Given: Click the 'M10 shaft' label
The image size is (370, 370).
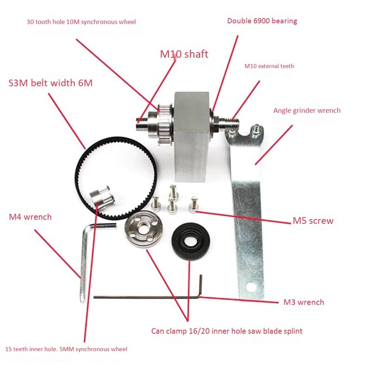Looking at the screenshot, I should pyautogui.click(x=184, y=54).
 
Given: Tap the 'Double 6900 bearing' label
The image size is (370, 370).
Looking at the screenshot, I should pyautogui.click(x=262, y=21).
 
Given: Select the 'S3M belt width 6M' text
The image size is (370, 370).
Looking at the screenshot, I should pyautogui.click(x=50, y=83).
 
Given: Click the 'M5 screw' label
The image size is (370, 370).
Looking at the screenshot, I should pyautogui.click(x=313, y=221).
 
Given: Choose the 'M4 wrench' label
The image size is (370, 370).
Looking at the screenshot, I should pyautogui.click(x=30, y=216).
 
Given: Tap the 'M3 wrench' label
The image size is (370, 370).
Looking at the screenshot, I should pyautogui.click(x=303, y=302).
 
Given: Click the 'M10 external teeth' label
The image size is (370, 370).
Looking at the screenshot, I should pyautogui.click(x=269, y=66).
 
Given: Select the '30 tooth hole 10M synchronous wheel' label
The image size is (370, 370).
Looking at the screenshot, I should pyautogui.click(x=81, y=22).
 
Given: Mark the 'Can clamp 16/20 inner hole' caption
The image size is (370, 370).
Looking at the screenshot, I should pyautogui.click(x=227, y=331).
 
